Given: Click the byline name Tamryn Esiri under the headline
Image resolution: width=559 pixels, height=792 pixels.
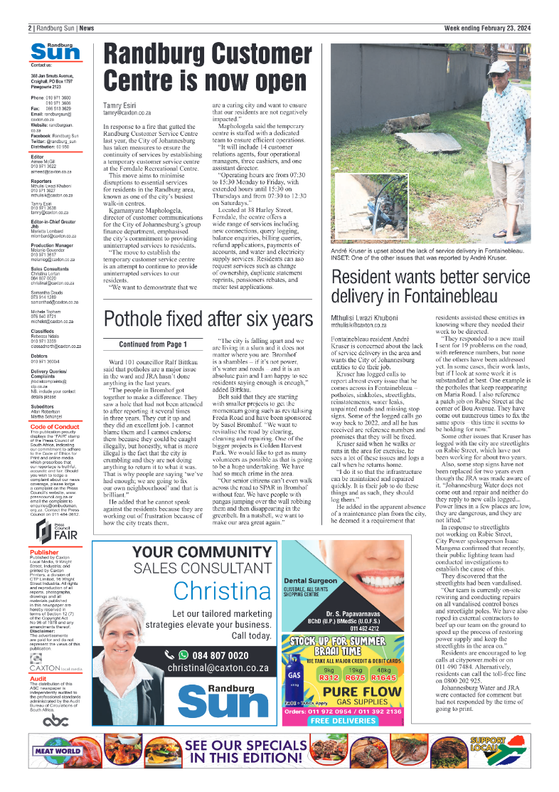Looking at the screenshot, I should (119, 105).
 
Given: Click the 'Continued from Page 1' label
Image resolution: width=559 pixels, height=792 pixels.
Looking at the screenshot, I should (153, 344).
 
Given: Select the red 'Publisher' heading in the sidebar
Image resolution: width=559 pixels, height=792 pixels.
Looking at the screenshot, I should (44, 551).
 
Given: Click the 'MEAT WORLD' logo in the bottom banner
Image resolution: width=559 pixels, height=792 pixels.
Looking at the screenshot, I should (58, 751).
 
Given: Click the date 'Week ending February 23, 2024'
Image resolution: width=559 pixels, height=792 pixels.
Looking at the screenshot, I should (487, 28).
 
